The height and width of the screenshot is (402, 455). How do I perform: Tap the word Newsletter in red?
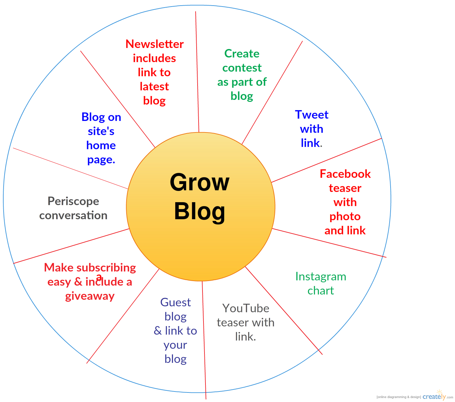click(155, 44)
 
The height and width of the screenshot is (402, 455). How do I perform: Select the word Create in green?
click(242, 54)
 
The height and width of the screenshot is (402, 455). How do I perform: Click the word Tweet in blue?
click(311, 114)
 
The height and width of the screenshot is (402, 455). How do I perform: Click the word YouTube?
click(246, 308)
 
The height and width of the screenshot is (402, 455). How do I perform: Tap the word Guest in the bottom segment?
click(176, 302)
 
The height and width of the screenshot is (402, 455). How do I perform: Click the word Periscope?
click(73, 201)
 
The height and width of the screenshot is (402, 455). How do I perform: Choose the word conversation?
click(73, 215)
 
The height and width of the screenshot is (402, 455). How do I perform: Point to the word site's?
click(101, 131)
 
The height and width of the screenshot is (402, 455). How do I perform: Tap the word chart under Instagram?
click(321, 291)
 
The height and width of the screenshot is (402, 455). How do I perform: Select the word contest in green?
click(242, 68)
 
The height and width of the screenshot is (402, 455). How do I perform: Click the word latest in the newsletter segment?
click(154, 86)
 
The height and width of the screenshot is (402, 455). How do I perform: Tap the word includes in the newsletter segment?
click(154, 58)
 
